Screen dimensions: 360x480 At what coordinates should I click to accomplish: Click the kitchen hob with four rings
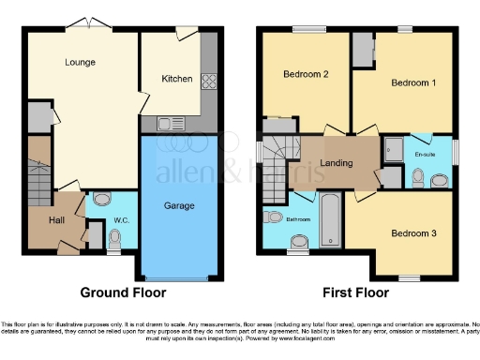(207, 79)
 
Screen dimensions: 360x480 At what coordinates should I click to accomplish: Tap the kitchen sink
(169, 123)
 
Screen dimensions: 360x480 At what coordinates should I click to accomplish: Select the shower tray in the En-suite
(394, 148)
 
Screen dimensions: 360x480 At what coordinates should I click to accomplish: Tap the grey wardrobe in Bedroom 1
(362, 53)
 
